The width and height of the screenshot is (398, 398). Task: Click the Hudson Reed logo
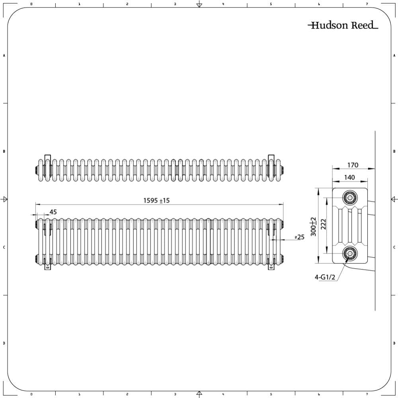click(x=343, y=26)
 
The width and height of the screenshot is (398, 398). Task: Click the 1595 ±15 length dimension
click(x=156, y=201)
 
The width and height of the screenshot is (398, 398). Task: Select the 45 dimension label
click(x=53, y=212)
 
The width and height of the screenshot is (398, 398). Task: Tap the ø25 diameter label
click(x=299, y=237)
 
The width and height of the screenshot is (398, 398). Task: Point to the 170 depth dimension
click(x=353, y=165)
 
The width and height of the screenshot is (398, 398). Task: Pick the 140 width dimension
click(x=349, y=178)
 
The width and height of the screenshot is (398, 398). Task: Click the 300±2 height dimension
click(x=314, y=226)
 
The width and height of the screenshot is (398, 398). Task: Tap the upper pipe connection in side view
click(x=350, y=197)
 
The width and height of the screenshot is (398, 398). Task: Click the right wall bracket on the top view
click(x=271, y=165)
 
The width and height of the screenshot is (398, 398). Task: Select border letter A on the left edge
click(x=4, y=56)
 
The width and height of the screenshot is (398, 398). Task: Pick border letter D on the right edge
click(x=394, y=343)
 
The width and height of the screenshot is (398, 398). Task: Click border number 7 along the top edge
click(x=367, y=4)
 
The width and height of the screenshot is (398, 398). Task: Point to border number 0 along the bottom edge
click(x=31, y=394)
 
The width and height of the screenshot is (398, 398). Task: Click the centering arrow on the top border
click(x=199, y=5)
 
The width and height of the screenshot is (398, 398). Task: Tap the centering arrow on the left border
click(x=5, y=199)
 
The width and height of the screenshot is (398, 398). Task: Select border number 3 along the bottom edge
click(x=175, y=394)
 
